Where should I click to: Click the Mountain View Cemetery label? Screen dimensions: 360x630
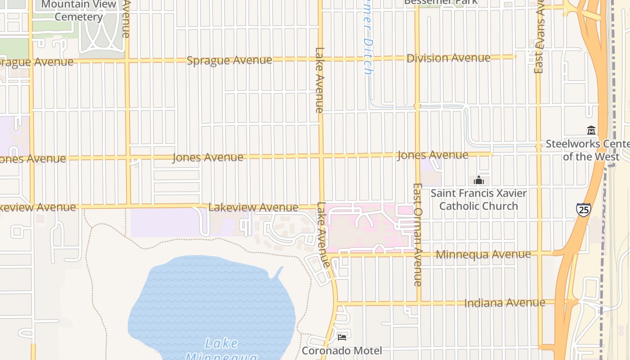(79, 10)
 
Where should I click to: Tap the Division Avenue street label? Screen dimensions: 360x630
(448, 58)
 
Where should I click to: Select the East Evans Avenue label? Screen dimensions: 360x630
(539, 38)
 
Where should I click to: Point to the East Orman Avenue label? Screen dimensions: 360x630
(418, 234)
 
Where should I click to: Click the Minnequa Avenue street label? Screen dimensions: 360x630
(483, 254)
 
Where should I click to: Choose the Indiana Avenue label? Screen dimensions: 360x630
(504, 302)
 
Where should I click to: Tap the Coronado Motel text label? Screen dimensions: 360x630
(342, 350)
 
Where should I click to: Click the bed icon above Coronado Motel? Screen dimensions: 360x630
(342, 337)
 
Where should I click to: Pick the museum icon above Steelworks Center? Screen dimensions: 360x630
(591, 130)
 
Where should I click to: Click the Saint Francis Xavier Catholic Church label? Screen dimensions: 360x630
(478, 199)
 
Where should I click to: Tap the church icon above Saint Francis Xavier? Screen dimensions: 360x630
(478, 180)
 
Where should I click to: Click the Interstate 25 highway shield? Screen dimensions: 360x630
(583, 210)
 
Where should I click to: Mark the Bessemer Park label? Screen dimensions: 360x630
(441, 2)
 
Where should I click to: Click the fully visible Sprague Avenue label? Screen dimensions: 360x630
(229, 60)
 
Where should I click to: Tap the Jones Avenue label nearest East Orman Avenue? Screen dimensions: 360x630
(432, 155)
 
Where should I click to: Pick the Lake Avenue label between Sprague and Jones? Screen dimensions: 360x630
(319, 80)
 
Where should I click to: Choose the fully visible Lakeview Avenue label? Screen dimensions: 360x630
(253, 207)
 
